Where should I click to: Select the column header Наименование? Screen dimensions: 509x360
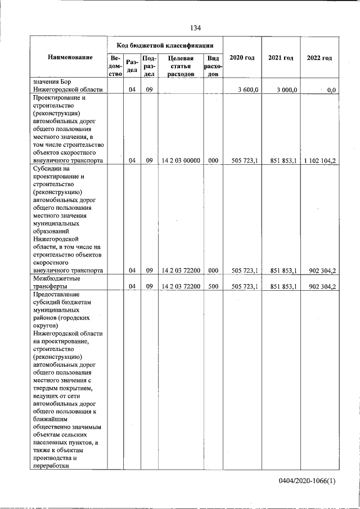(70, 58)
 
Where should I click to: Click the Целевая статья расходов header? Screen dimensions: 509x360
(181, 65)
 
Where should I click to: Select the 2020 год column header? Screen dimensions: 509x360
(242, 58)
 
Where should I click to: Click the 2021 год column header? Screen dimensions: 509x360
(281, 58)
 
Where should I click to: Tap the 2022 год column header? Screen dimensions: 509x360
(319, 58)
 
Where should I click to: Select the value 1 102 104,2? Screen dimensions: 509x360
(319, 160)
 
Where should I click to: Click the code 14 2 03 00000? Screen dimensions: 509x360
(181, 160)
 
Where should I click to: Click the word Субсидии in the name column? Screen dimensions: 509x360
(48, 168)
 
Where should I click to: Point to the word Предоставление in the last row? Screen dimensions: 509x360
(57, 294)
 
